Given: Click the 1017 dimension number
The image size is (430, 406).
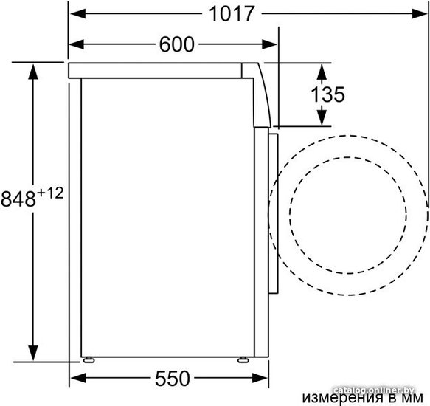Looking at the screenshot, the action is coord(232,14).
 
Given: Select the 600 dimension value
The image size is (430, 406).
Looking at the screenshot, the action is coord(177,44).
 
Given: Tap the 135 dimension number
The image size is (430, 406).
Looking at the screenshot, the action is coord(327,94).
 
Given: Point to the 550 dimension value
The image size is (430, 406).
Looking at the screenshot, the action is coord(173,379).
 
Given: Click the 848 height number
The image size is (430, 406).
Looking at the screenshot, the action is coord(18,199).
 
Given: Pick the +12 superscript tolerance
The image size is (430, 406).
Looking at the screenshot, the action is coord(50,193).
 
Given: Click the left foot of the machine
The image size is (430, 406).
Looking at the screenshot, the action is coord(89,360).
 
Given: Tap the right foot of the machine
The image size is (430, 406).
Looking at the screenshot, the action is coord(243,360).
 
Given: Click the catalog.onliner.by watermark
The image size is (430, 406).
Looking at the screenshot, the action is coord(374,390).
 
